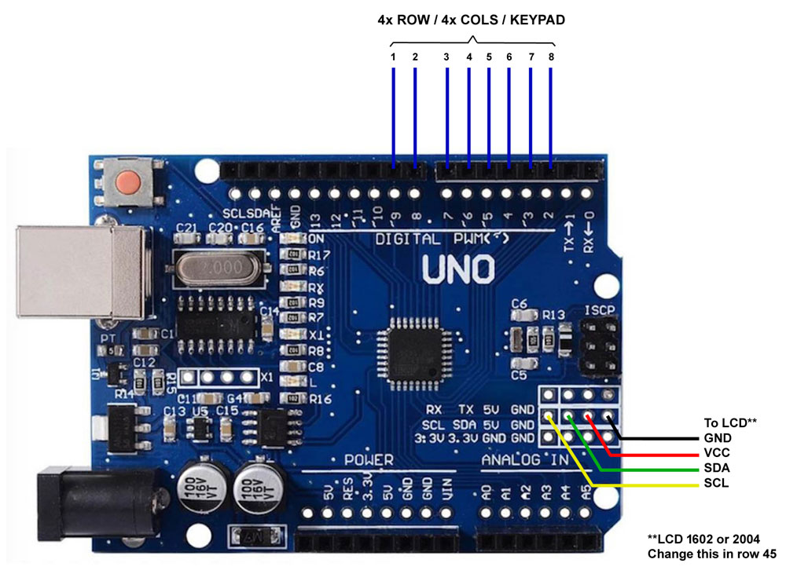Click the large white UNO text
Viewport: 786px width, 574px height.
click(x=459, y=269)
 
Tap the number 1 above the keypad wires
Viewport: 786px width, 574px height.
click(x=392, y=57)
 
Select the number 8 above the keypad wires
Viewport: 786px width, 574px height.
click(x=551, y=57)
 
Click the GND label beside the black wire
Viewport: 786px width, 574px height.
click(x=718, y=437)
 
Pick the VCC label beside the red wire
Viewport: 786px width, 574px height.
click(x=717, y=452)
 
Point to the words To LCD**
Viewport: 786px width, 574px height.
click(x=729, y=422)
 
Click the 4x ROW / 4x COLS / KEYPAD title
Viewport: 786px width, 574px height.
click(x=472, y=20)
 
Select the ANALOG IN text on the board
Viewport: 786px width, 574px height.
click(x=524, y=459)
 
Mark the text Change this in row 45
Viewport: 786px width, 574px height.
click(x=711, y=554)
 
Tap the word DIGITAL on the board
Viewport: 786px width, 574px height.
click(x=410, y=239)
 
